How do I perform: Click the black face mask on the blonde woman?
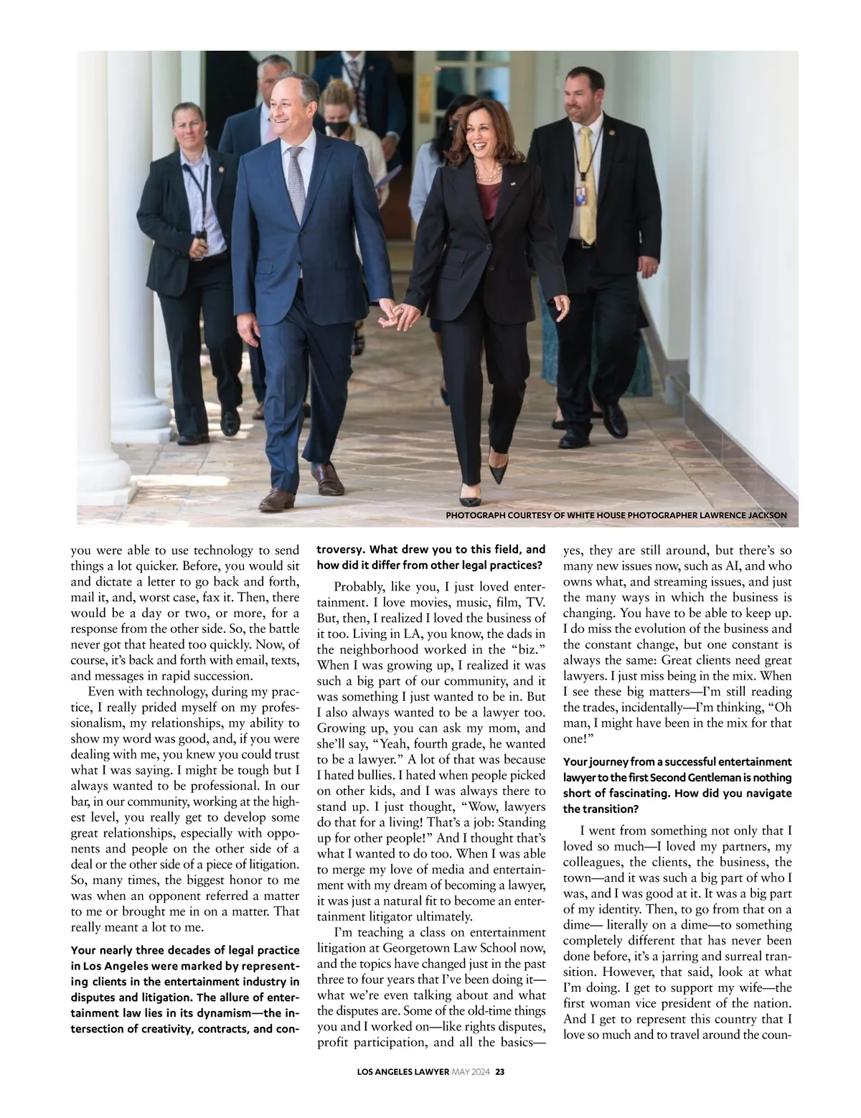coord(335,129)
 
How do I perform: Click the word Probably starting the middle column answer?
coord(359,586)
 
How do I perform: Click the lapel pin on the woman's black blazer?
coord(514,184)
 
